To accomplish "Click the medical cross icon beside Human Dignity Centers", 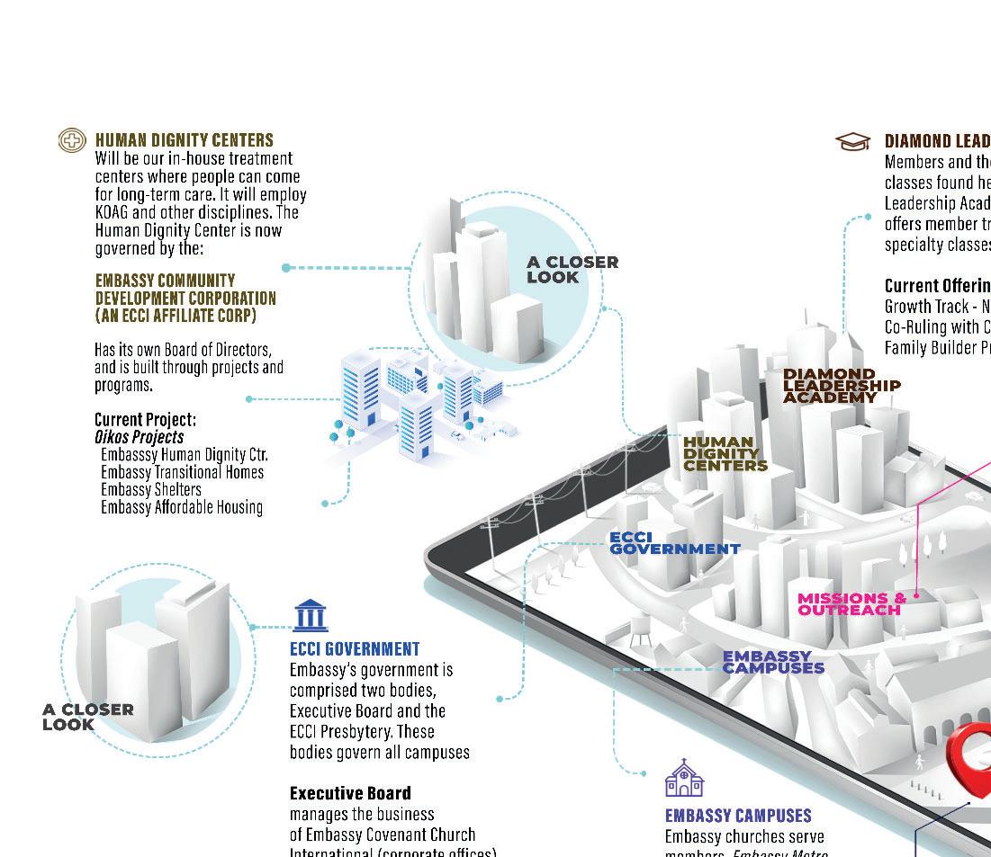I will pyautogui.click(x=72, y=140).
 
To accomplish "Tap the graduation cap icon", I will pyautogui.click(x=852, y=141).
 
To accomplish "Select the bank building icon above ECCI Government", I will pyautogui.click(x=311, y=616).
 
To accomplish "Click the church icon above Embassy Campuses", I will pyautogui.click(x=684, y=779).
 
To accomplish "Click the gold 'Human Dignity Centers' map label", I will pyautogui.click(x=725, y=453).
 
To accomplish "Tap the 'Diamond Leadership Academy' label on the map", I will pyautogui.click(x=841, y=385).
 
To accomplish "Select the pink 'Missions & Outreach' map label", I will pyautogui.click(x=851, y=603).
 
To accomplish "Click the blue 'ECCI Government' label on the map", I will pyautogui.click(x=674, y=542).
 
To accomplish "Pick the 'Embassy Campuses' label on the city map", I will pyautogui.click(x=773, y=662).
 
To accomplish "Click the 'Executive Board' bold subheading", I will pyautogui.click(x=350, y=793).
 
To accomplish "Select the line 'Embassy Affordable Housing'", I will pyautogui.click(x=182, y=507).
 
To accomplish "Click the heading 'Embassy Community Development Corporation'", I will pyautogui.click(x=185, y=298).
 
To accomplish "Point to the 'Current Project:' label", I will pyautogui.click(x=145, y=419).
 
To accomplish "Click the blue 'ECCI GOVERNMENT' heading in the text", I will pyautogui.click(x=355, y=648).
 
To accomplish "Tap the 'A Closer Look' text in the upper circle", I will pyautogui.click(x=572, y=269).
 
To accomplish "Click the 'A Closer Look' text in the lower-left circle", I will pyautogui.click(x=87, y=717).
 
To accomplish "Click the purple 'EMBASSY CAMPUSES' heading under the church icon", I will pyautogui.click(x=738, y=816).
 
